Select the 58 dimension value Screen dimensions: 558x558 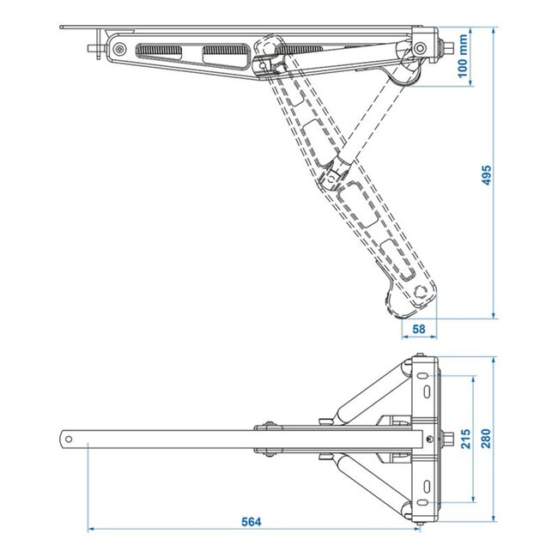pyautogui.click(x=420, y=329)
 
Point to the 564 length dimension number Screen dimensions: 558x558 pyautogui.click(x=250, y=521)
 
